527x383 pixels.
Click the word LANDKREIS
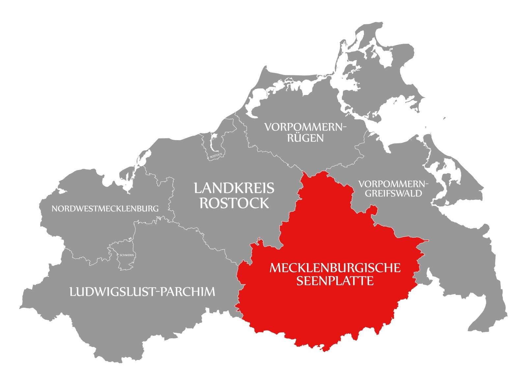(x=234, y=188)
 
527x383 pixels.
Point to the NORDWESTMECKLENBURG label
(x=105, y=208)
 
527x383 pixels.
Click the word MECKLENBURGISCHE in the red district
(x=335, y=268)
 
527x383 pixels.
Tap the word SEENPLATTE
(x=335, y=281)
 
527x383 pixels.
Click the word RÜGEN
(x=305, y=138)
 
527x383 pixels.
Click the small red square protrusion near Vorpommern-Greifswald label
(x=372, y=210)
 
